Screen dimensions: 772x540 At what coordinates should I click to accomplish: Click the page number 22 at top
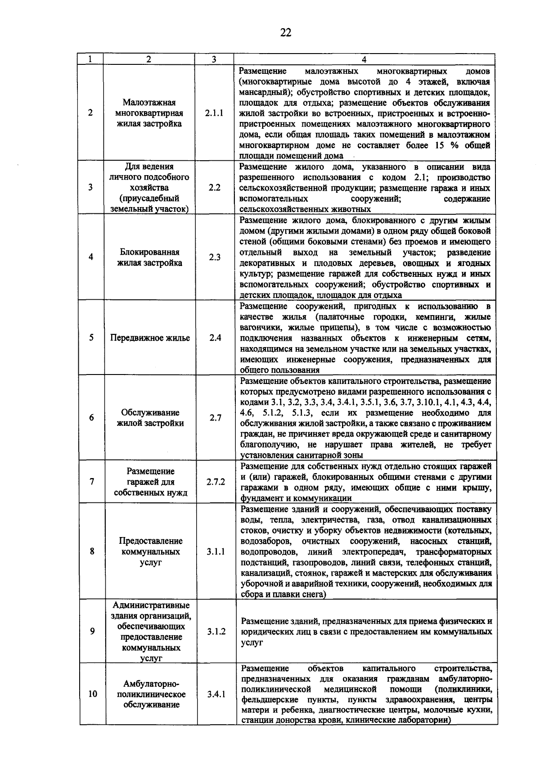(286, 32)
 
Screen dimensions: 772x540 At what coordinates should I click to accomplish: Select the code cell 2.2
(215, 188)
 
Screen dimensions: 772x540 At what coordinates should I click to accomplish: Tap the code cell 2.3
(215, 257)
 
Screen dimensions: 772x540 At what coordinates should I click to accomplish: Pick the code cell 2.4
(215, 338)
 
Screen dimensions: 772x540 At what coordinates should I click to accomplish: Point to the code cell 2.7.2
(216, 482)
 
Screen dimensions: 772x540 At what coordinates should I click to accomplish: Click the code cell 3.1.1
(216, 551)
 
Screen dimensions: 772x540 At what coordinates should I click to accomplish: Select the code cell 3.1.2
(216, 632)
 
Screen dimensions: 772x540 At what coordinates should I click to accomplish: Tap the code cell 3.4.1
(216, 694)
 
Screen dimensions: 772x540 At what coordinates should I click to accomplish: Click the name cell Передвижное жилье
(150, 338)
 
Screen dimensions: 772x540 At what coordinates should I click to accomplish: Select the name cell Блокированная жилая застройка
(150, 257)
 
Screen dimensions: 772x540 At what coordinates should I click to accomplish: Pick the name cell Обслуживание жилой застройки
(150, 418)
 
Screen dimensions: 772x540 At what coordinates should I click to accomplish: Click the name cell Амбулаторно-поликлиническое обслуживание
(151, 694)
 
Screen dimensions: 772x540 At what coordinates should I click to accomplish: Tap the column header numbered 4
(364, 59)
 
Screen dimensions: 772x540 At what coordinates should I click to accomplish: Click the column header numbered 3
(214, 59)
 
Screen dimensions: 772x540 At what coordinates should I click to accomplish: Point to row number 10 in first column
(93, 694)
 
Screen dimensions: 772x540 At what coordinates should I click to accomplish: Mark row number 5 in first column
(91, 338)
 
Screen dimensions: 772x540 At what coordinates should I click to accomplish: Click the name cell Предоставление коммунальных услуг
(151, 551)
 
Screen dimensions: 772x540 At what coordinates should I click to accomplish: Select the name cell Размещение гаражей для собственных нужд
(150, 482)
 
